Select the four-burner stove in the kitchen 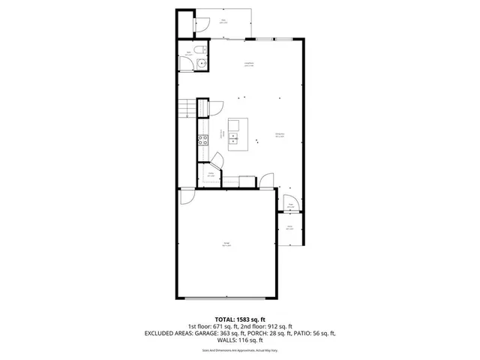click(202, 139)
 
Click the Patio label click(223, 21)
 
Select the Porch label click(289, 226)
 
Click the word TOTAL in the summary click(229, 319)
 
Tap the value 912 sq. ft click(285, 326)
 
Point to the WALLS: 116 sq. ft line click(240, 340)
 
